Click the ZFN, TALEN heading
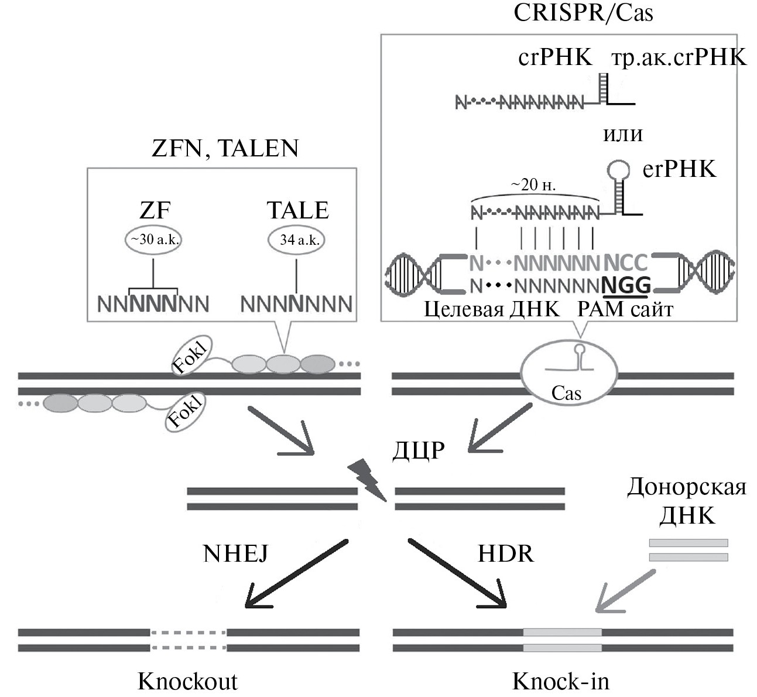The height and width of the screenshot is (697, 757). pyautogui.click(x=225, y=148)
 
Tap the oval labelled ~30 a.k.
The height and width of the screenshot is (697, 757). pyautogui.click(x=153, y=240)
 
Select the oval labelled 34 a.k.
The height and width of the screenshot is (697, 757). pyautogui.click(x=296, y=240)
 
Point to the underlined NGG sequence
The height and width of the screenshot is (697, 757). pyautogui.click(x=627, y=286)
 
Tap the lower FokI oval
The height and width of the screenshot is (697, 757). pyautogui.click(x=186, y=412)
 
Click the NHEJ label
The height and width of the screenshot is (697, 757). pyautogui.click(x=235, y=553)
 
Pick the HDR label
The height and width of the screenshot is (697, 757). pyautogui.click(x=506, y=553)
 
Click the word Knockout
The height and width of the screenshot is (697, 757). pyautogui.click(x=187, y=681)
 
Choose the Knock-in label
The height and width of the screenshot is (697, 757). pyautogui.click(x=560, y=681)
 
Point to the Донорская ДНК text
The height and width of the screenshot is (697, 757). pyautogui.click(x=687, y=501)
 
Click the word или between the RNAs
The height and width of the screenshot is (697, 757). pyautogui.click(x=622, y=134)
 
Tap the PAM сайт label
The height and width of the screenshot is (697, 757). pyautogui.click(x=625, y=309)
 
